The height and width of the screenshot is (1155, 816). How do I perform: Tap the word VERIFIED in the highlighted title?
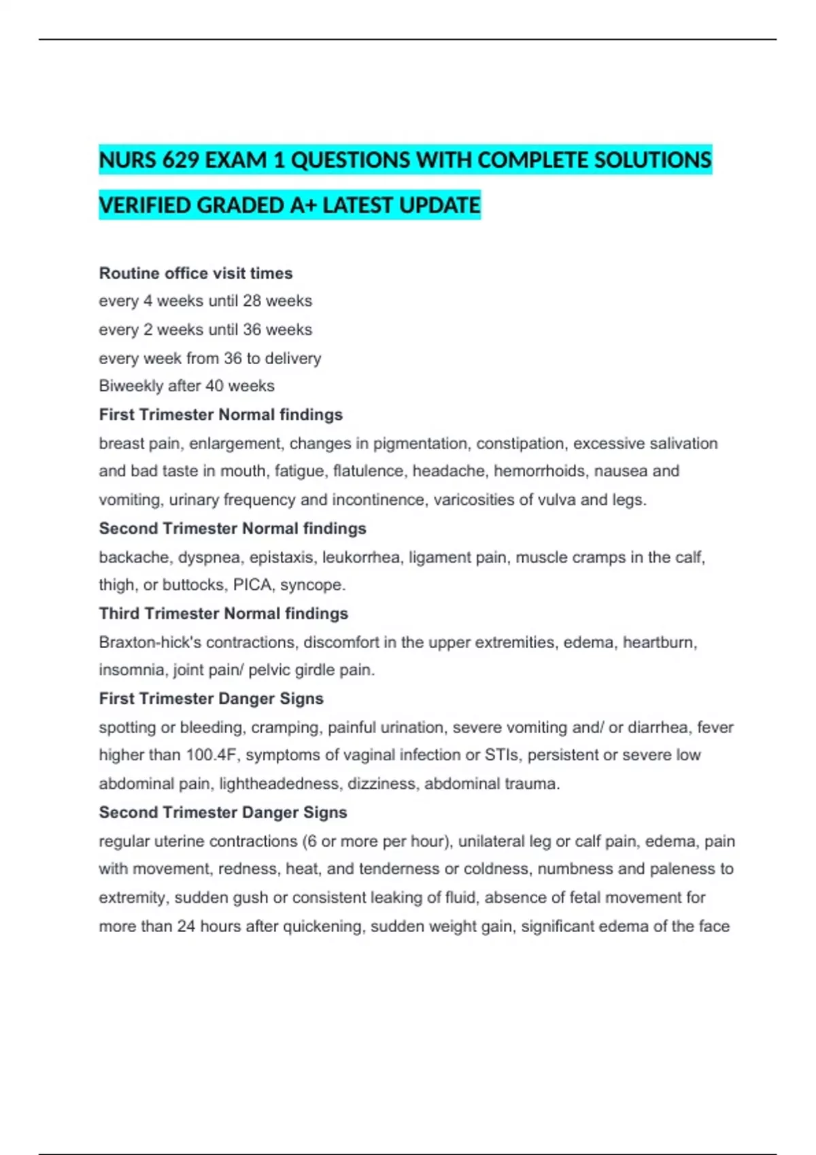point(144,205)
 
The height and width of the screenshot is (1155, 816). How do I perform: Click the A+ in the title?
point(303,205)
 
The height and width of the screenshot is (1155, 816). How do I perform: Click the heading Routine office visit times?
point(196,273)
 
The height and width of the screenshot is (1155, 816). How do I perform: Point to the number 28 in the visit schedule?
point(252,301)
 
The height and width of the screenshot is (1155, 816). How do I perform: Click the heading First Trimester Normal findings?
point(220,414)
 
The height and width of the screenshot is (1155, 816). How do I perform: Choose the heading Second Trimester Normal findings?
point(233,529)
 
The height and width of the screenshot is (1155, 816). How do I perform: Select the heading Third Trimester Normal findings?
point(223,614)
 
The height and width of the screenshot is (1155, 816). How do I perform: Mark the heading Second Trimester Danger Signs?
point(223,813)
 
